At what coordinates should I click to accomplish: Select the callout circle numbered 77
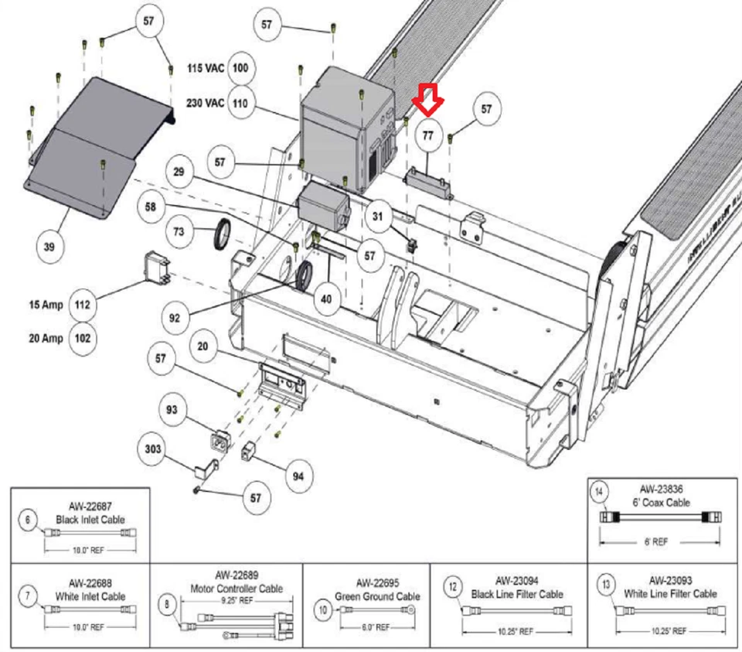coord(427,136)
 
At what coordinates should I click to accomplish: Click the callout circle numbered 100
coord(240,69)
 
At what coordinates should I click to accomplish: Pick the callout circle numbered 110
coord(240,103)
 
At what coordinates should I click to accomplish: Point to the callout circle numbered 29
coord(179,172)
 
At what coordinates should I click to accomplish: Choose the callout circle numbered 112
coord(83,305)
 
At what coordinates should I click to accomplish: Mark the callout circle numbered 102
coord(83,339)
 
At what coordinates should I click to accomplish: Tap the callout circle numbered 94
coord(298,476)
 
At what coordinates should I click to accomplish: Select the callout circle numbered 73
coord(179,232)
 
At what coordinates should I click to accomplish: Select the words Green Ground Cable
coord(377,596)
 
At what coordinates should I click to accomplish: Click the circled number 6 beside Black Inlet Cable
coord(28,521)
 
